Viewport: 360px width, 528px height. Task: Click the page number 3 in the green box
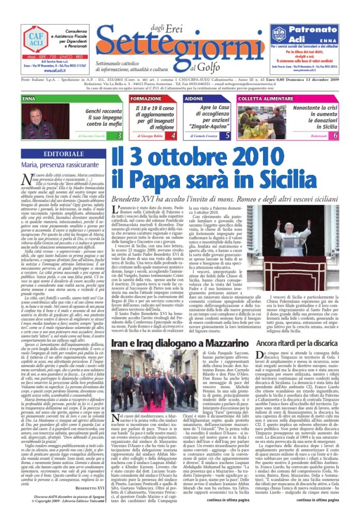pyautogui.click(x=119, y=136)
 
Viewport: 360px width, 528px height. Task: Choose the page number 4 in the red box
pyautogui.click(x=173, y=136)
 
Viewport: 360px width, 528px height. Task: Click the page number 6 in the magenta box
pyautogui.click(x=335, y=136)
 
